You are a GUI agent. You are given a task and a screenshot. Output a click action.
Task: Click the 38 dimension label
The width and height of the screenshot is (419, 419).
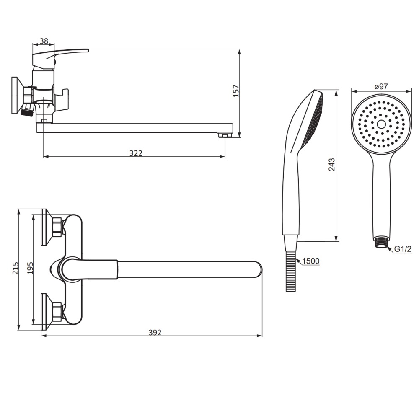click(x=44, y=41)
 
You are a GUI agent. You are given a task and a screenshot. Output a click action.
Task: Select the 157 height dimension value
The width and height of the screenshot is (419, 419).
click(x=236, y=91)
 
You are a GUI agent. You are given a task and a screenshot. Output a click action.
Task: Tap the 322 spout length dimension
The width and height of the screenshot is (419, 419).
click(x=136, y=153)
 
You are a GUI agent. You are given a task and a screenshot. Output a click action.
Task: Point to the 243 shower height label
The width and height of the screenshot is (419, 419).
click(x=331, y=165)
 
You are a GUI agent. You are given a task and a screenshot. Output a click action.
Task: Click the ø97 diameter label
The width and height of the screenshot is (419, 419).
click(x=381, y=86)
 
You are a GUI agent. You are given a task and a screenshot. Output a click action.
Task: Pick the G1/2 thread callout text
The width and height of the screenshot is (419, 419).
click(x=403, y=249)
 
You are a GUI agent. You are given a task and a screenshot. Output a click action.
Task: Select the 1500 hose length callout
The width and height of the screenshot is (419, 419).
click(x=311, y=261)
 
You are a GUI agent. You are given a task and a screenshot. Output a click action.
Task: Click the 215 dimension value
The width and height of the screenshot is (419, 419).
click(x=16, y=268)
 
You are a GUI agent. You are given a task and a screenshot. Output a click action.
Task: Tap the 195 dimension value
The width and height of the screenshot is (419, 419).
click(x=30, y=268)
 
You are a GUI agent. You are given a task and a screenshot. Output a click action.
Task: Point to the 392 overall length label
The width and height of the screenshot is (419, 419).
click(x=155, y=332)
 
